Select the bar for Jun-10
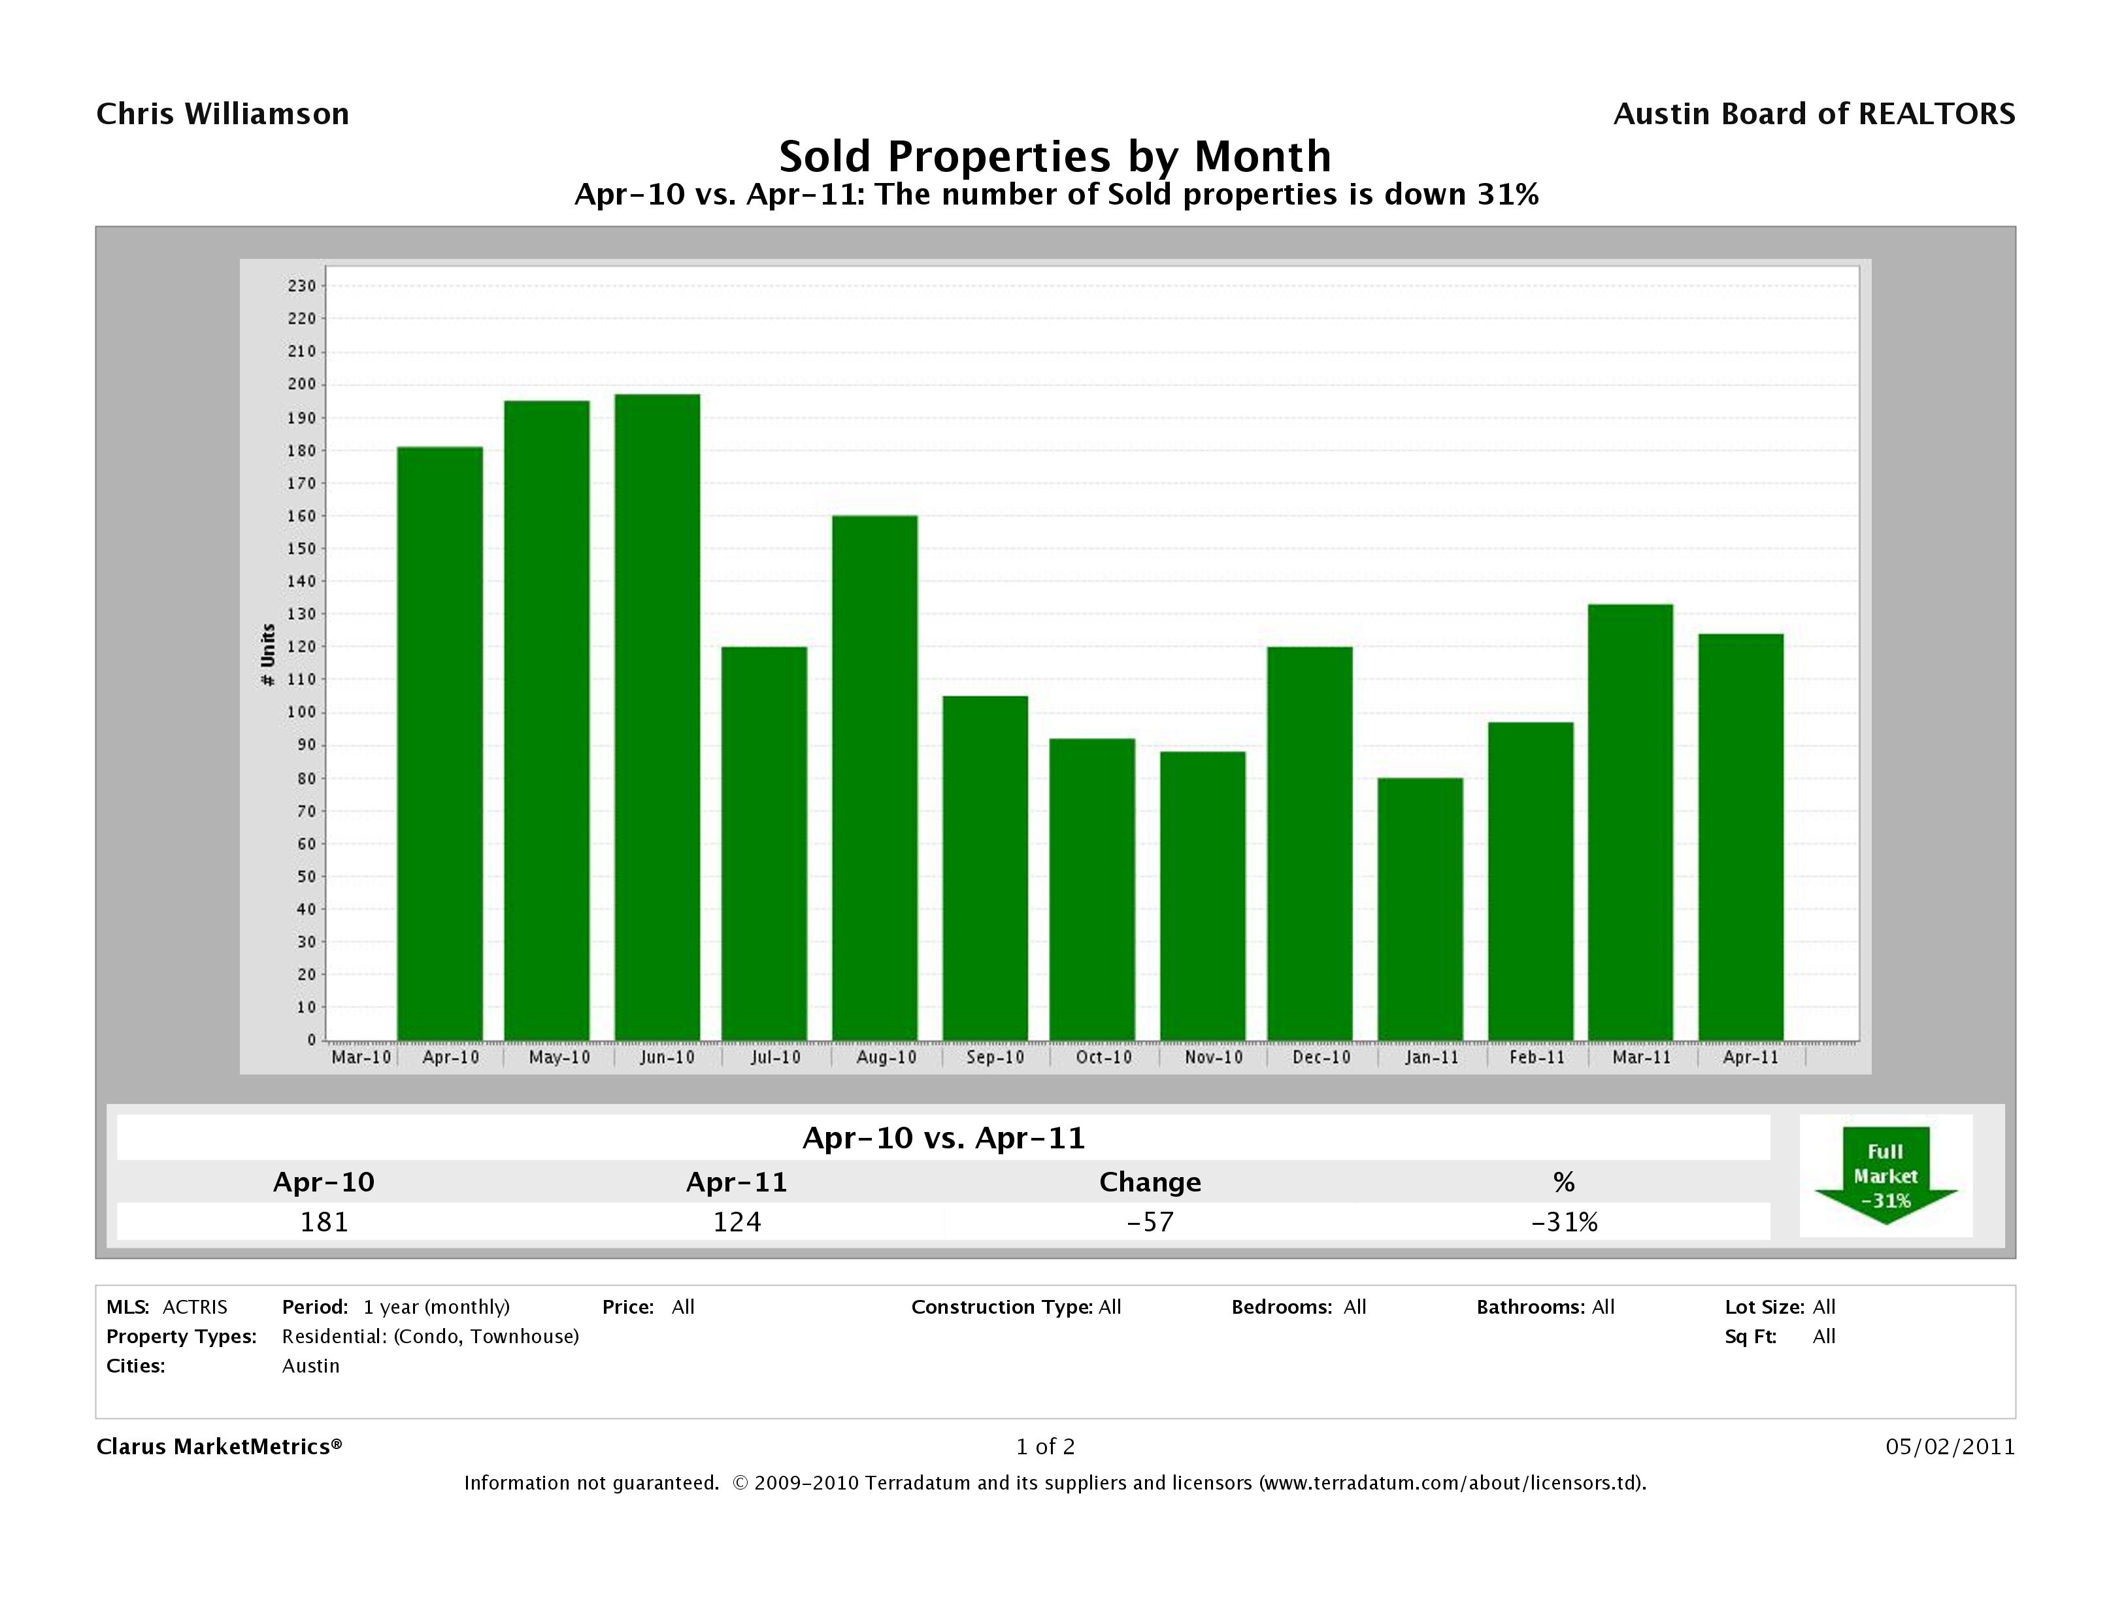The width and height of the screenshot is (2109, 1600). [657, 717]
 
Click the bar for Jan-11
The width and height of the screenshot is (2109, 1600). [1420, 908]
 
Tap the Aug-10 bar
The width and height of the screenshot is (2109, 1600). [874, 777]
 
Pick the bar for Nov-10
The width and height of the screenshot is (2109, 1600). [1203, 895]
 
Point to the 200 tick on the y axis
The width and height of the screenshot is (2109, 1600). [301, 384]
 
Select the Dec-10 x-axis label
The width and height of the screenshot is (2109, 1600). [1321, 1058]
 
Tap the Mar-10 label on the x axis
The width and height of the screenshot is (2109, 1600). [360, 1058]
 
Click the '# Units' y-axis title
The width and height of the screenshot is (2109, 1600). [268, 655]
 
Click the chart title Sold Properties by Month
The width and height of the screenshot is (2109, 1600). [1055, 156]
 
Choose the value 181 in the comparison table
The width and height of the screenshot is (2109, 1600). [324, 1222]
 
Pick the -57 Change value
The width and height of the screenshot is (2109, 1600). [1150, 1222]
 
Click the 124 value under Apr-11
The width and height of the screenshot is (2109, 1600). [737, 1222]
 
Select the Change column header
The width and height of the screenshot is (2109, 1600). [1150, 1182]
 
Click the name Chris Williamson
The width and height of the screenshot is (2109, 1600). [222, 114]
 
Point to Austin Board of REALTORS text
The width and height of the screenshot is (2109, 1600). [1814, 114]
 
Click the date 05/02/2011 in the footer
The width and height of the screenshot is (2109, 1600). [1950, 1446]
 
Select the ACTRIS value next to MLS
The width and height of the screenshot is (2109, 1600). [195, 1307]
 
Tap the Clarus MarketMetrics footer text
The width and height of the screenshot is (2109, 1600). [218, 1446]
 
